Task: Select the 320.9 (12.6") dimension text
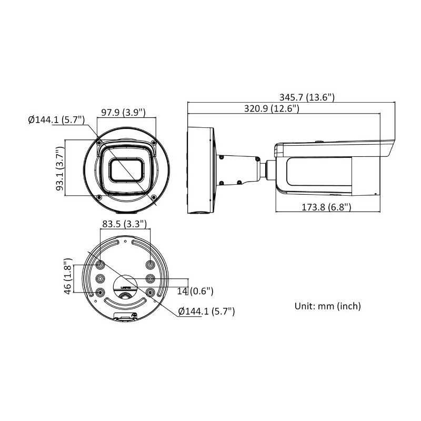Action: pyautogui.click(x=272, y=108)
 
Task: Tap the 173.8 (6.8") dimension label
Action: pyautogui.click(x=326, y=207)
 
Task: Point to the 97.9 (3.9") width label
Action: pyautogui.click(x=123, y=113)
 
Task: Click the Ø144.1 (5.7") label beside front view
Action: pyautogui.click(x=56, y=119)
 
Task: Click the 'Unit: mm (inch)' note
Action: pyautogui.click(x=328, y=306)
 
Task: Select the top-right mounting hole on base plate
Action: pyautogui.click(x=151, y=265)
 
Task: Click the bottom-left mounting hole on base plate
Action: pyautogui.click(x=100, y=293)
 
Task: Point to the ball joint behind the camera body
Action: pyautogui.click(x=268, y=168)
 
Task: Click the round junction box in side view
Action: pyautogui.click(x=202, y=168)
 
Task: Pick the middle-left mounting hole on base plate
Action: pyautogui.click(x=100, y=278)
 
